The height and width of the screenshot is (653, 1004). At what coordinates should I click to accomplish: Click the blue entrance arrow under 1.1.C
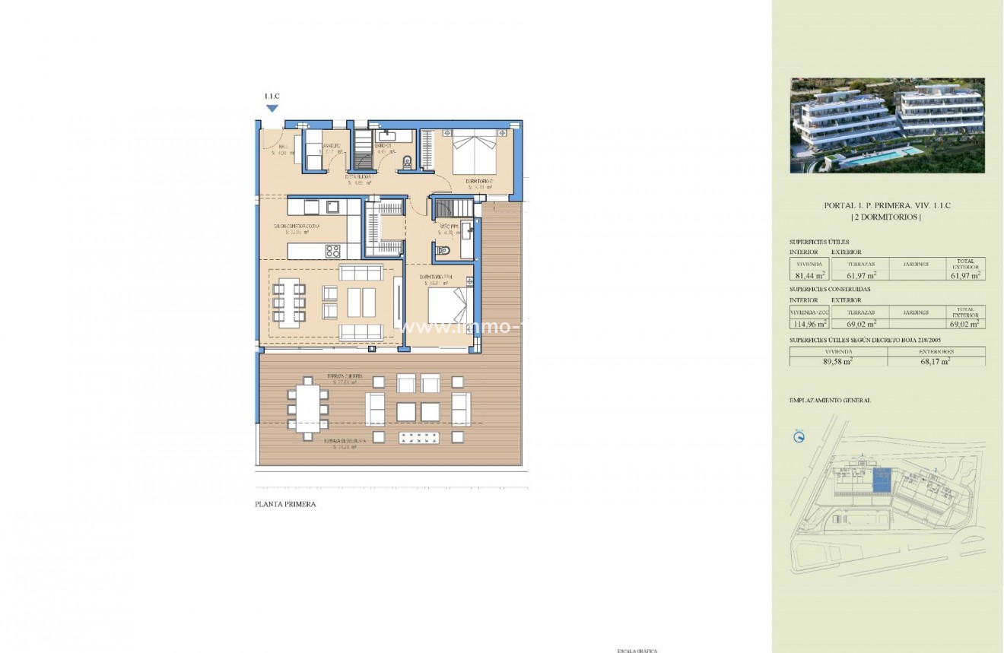click(272, 108)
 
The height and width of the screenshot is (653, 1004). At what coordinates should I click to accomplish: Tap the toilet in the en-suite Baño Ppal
click(445, 250)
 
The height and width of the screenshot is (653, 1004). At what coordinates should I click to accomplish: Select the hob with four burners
click(332, 250)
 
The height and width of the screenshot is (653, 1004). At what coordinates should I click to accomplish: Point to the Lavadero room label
click(330, 145)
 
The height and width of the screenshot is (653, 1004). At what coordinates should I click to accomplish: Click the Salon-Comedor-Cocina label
click(297, 227)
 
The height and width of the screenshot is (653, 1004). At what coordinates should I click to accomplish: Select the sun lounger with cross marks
click(421, 437)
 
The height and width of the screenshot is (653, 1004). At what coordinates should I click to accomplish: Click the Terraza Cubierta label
click(345, 376)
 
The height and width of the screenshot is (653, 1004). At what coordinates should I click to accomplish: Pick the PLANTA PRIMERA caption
click(285, 504)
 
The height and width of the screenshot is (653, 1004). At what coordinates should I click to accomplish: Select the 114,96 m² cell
click(809, 322)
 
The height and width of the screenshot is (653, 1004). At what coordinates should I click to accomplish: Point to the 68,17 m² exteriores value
click(936, 362)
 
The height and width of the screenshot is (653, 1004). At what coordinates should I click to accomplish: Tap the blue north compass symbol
click(799, 436)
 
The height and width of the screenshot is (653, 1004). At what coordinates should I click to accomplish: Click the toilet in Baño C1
click(408, 160)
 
